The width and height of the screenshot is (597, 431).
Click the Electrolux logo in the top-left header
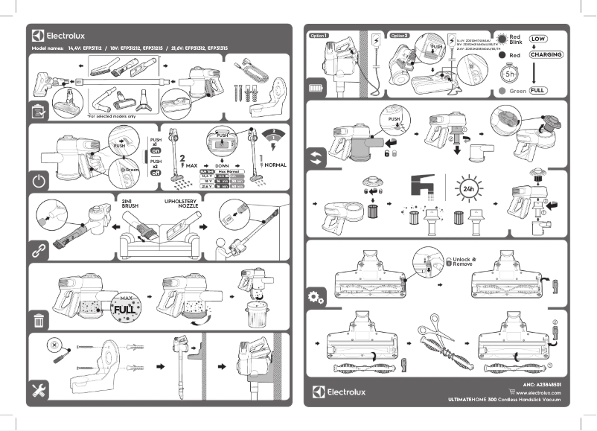coord(59,35)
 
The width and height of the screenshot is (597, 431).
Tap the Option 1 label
coord(319,35)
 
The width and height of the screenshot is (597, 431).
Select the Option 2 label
coord(400,35)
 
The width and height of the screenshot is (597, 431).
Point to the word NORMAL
coord(275,165)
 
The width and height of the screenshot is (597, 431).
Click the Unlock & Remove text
coord(464,262)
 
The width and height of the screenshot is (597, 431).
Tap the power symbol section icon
coord(39,180)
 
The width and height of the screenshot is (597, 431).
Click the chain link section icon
coord(39,251)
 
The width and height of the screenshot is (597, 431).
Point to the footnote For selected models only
coord(112,116)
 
